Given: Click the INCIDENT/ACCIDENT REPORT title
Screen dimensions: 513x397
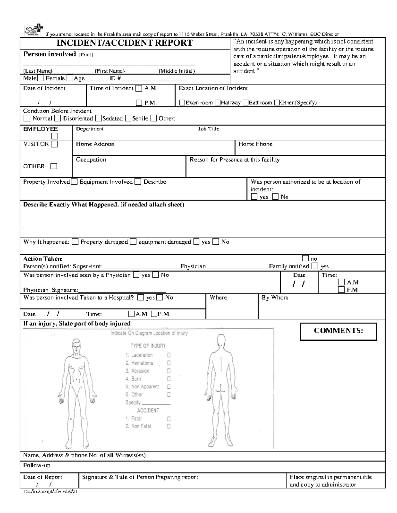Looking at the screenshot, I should [x=124, y=43].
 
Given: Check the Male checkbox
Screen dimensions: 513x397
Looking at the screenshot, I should [x=40, y=79].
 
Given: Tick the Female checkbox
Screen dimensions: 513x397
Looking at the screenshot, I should [x=70, y=79].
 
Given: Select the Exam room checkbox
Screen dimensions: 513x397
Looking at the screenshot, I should [x=182, y=103].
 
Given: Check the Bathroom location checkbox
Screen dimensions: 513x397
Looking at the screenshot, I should [x=245, y=103].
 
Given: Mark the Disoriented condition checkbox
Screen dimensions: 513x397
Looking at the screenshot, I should [x=58, y=118].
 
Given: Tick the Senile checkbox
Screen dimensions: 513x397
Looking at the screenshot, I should [x=128, y=118].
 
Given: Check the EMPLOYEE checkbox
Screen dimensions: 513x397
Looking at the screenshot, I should [x=54, y=136].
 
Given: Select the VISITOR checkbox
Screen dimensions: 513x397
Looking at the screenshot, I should [x=54, y=144].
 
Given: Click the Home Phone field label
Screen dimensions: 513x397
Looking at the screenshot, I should [x=255, y=144].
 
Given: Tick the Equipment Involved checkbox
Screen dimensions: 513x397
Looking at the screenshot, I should [x=138, y=182].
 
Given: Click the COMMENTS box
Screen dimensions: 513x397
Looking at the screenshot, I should [x=338, y=331].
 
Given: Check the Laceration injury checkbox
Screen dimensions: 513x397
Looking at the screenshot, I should [x=169, y=355].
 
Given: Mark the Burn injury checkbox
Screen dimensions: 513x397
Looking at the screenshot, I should [x=169, y=379].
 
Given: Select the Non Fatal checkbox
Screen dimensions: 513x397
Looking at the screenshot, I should [x=169, y=426].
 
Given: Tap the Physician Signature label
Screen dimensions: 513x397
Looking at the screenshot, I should [x=51, y=290].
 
